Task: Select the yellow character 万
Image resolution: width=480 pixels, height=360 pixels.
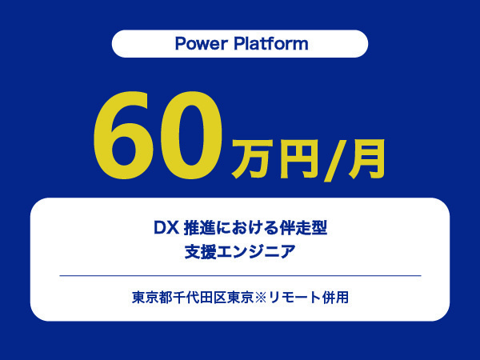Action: point(250,158)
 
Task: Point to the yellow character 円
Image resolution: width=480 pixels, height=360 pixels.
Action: point(294,158)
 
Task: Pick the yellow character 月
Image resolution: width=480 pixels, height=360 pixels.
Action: point(364,158)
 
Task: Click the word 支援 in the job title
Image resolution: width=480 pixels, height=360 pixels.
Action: point(198,252)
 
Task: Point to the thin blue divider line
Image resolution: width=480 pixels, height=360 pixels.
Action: point(240,275)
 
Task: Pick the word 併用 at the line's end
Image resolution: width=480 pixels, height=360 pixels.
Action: point(335,297)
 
